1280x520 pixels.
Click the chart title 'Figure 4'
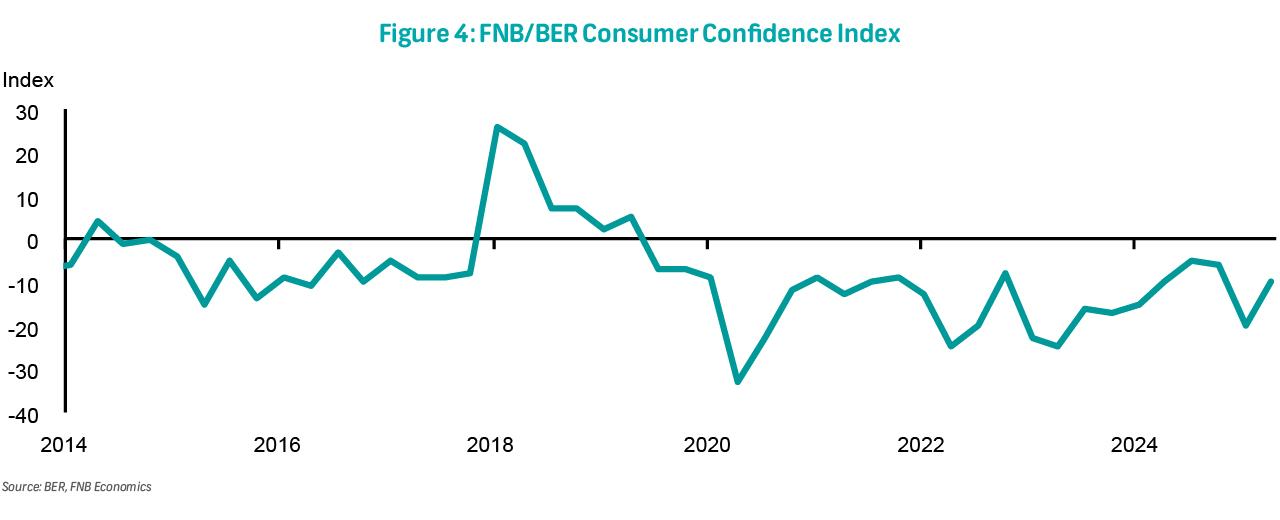(x=640, y=34)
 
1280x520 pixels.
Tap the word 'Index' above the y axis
(x=28, y=80)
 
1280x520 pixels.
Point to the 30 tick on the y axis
(x=27, y=113)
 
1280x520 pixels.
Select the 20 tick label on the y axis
(x=27, y=156)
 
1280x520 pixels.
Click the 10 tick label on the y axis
(x=27, y=199)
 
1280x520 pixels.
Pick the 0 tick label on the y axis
(x=33, y=242)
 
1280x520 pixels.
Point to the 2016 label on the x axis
(x=278, y=443)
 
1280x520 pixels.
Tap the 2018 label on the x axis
(x=492, y=443)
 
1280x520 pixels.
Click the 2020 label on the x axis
(x=707, y=443)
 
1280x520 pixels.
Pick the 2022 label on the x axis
(x=921, y=443)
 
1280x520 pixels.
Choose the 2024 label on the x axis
(x=1135, y=443)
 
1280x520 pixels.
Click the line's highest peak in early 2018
(x=497, y=127)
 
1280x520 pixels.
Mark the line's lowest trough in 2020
(x=738, y=382)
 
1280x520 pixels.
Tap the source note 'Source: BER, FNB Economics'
(x=76, y=487)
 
